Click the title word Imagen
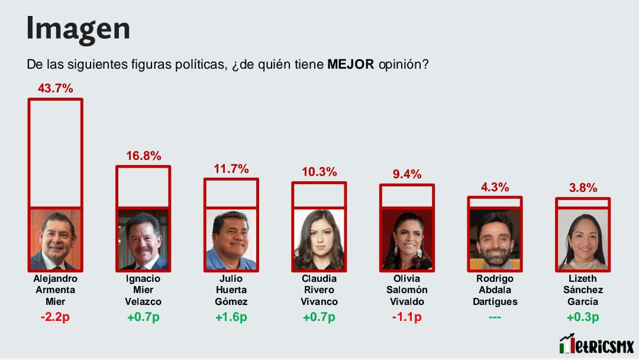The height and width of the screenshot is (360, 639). [x=78, y=28]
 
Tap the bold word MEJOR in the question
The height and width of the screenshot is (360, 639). [x=350, y=65]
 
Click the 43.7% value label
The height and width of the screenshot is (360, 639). [x=55, y=88]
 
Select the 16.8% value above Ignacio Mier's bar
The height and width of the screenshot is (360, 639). [x=143, y=156]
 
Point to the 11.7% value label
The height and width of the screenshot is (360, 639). [x=231, y=169]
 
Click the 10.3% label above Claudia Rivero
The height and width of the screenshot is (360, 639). [x=319, y=172]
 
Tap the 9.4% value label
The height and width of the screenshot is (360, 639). [x=407, y=174]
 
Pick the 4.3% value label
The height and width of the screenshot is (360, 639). [x=495, y=187]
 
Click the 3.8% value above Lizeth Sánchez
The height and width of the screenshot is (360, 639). [x=582, y=188]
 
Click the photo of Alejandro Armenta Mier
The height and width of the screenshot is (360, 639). [x=55, y=239]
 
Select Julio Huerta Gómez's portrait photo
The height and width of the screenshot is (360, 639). [x=231, y=239]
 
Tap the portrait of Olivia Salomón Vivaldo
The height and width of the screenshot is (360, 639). [x=407, y=239]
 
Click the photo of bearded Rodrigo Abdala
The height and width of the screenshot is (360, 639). [x=495, y=239]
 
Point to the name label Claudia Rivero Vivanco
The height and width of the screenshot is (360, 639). [x=319, y=290]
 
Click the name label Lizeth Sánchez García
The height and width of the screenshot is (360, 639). [x=582, y=290]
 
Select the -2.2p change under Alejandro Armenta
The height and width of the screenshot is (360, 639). [x=55, y=317]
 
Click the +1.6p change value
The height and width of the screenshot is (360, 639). [x=231, y=317]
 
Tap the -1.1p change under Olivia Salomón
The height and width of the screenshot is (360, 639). [x=407, y=317]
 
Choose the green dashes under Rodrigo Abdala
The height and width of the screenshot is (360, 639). [x=495, y=317]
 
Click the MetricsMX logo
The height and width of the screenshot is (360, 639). [x=596, y=343]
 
